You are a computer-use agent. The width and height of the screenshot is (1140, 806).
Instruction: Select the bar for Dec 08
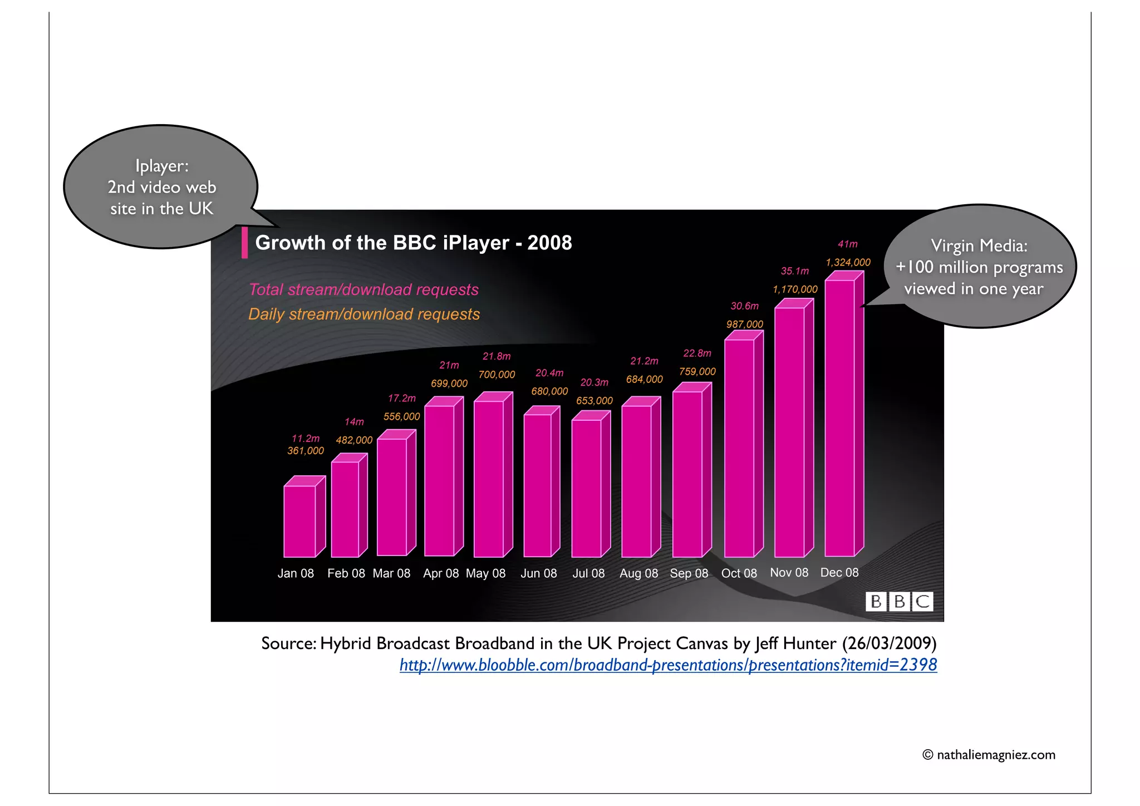tap(840, 417)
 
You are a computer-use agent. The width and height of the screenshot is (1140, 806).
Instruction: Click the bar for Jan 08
tap(300, 521)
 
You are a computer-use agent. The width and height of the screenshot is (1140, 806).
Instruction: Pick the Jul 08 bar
tap(587, 488)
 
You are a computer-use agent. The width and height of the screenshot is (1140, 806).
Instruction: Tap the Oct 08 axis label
tap(739, 573)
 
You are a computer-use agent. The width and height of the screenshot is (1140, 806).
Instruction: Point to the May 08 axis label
tap(485, 573)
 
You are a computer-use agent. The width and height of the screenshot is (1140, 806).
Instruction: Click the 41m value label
tap(847, 244)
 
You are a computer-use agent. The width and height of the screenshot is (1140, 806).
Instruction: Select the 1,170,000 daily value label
tap(795, 289)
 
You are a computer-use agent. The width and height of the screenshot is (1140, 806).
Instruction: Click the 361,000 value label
tap(305, 451)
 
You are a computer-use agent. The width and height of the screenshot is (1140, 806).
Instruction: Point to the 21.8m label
tap(496, 356)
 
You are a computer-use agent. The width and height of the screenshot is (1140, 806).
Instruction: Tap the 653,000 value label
tap(594, 401)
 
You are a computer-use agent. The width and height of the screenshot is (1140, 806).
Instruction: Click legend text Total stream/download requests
tap(363, 289)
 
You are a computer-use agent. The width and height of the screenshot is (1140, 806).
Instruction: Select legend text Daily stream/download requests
tap(364, 314)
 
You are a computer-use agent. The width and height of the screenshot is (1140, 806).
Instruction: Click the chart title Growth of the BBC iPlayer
tap(413, 243)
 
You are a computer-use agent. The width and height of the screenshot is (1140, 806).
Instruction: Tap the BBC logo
tap(898, 601)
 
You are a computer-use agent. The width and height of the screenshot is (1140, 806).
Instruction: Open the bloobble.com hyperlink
tap(668, 665)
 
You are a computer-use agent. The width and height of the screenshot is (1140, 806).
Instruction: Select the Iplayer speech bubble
tap(161, 187)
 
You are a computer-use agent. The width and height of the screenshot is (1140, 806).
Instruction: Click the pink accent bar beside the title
tap(244, 243)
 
